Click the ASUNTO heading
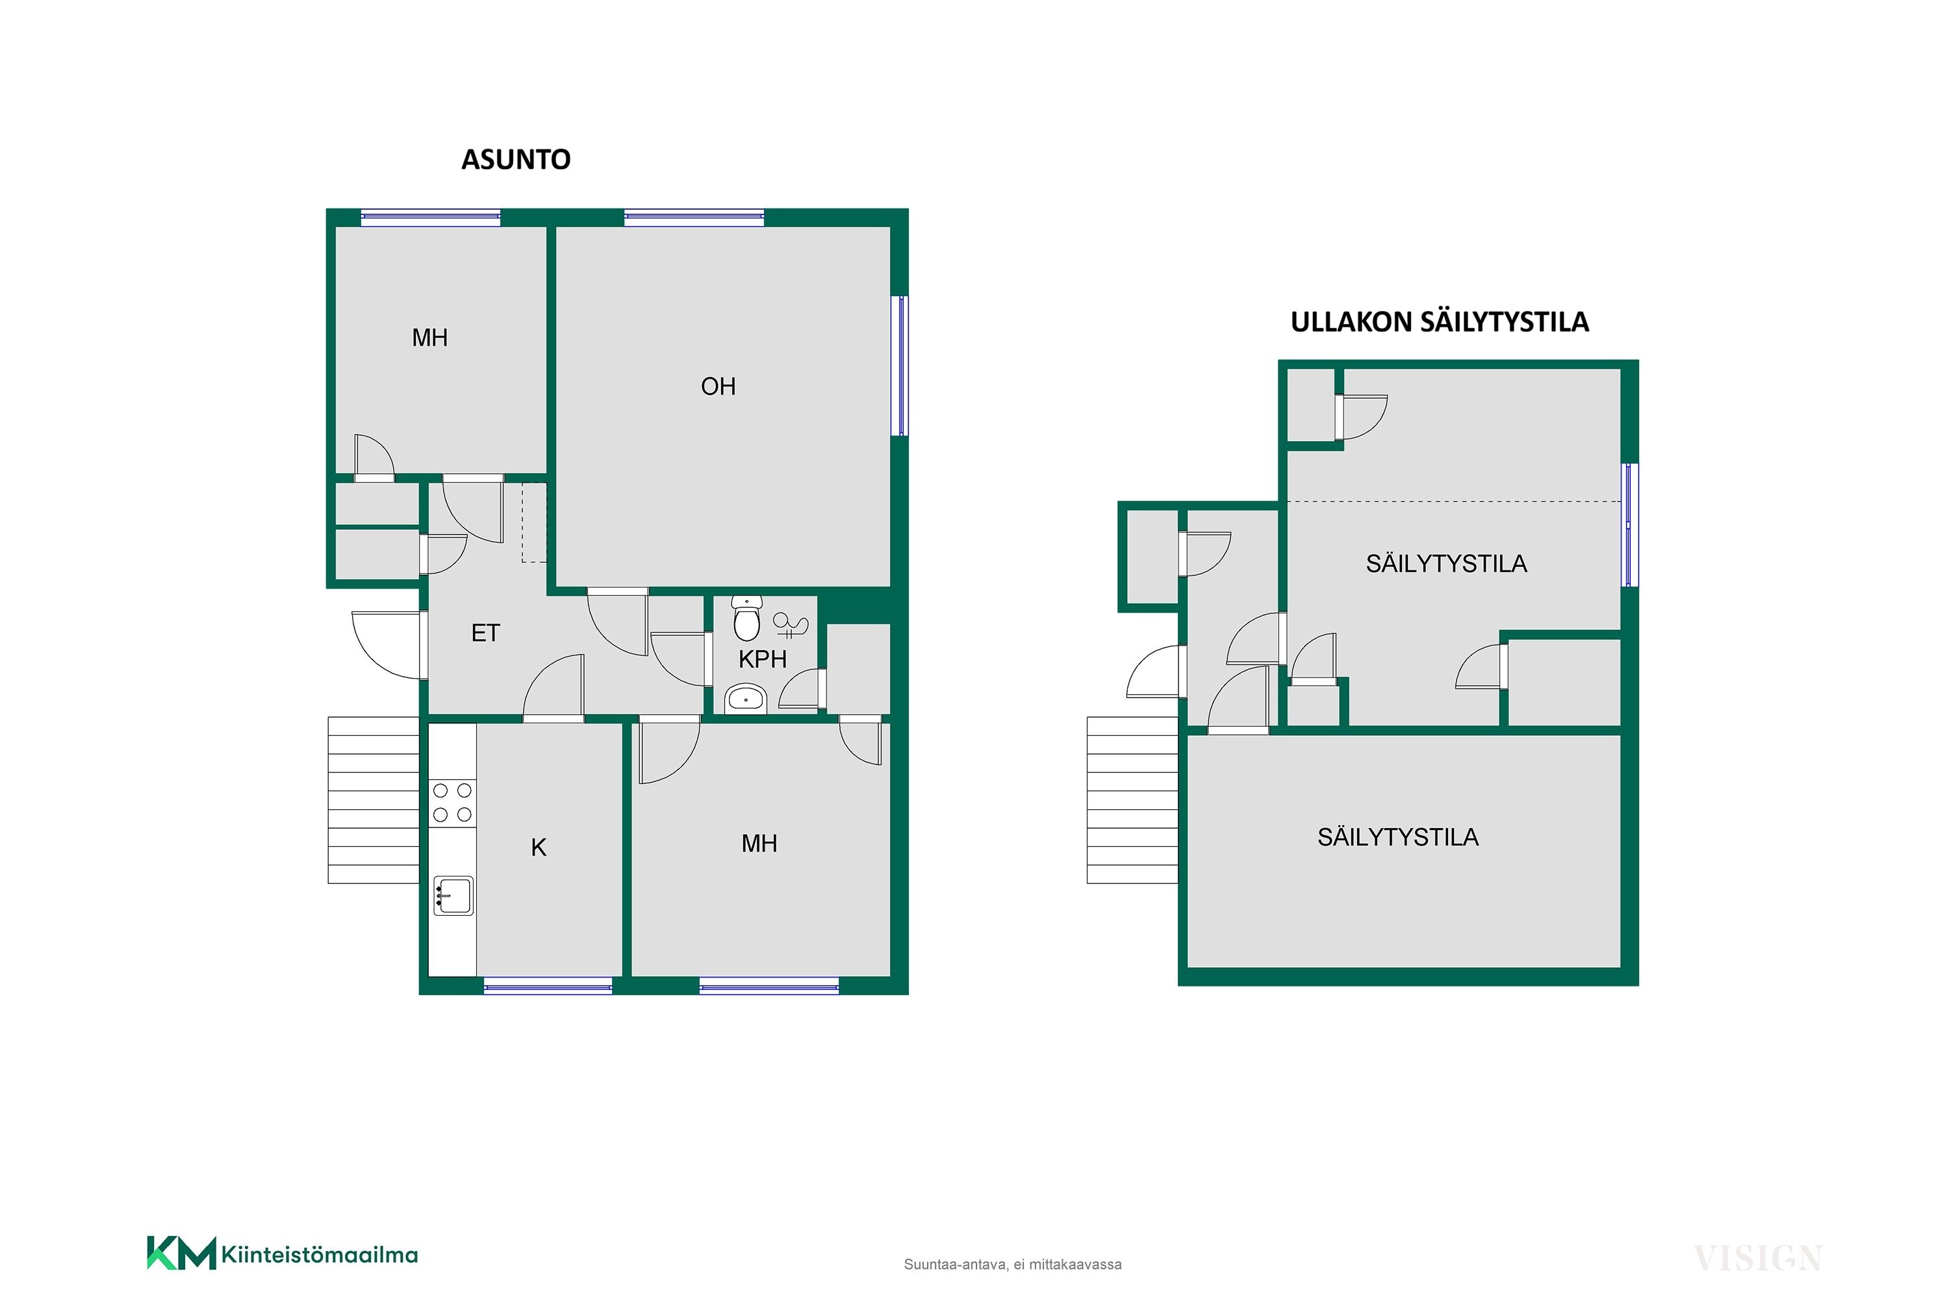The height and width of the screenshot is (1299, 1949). pos(515,159)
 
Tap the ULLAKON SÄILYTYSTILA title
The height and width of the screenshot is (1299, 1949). pos(1440,322)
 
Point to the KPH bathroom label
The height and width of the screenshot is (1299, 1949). pos(762,659)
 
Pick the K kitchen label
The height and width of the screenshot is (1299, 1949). pos(539,848)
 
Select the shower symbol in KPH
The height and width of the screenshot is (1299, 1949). pos(790,624)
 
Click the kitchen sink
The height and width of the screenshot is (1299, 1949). pos(453,896)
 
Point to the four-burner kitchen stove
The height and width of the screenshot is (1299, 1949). pos(452,803)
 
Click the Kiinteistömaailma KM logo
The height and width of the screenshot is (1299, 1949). pos(282,1254)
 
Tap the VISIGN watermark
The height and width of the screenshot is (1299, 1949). pos(1757,1259)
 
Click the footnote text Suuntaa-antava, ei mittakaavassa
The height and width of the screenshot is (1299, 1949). pos(1013,1264)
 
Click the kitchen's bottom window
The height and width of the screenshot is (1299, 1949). pos(548,986)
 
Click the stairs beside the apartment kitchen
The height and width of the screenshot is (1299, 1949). pos(374,800)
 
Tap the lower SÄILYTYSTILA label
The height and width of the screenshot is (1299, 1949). pos(1398,838)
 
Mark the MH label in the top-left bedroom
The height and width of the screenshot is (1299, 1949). pos(429,338)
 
